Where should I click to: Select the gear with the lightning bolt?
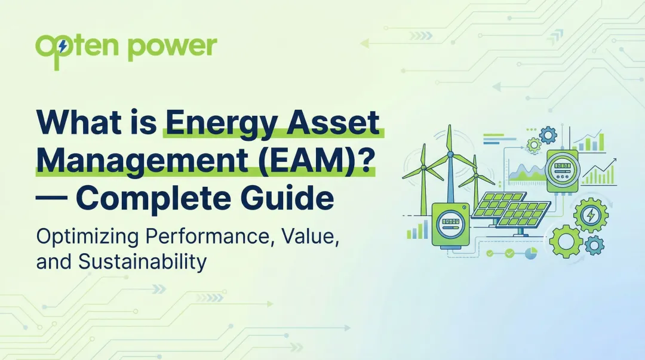[590, 214]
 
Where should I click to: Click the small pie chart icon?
[530, 254]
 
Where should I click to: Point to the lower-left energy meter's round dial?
[450, 224]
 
